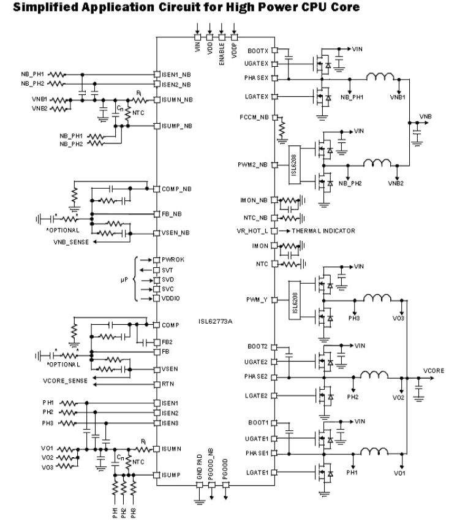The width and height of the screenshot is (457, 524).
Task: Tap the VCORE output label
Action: click(x=434, y=371)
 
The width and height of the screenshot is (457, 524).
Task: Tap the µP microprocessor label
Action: click(x=124, y=279)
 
